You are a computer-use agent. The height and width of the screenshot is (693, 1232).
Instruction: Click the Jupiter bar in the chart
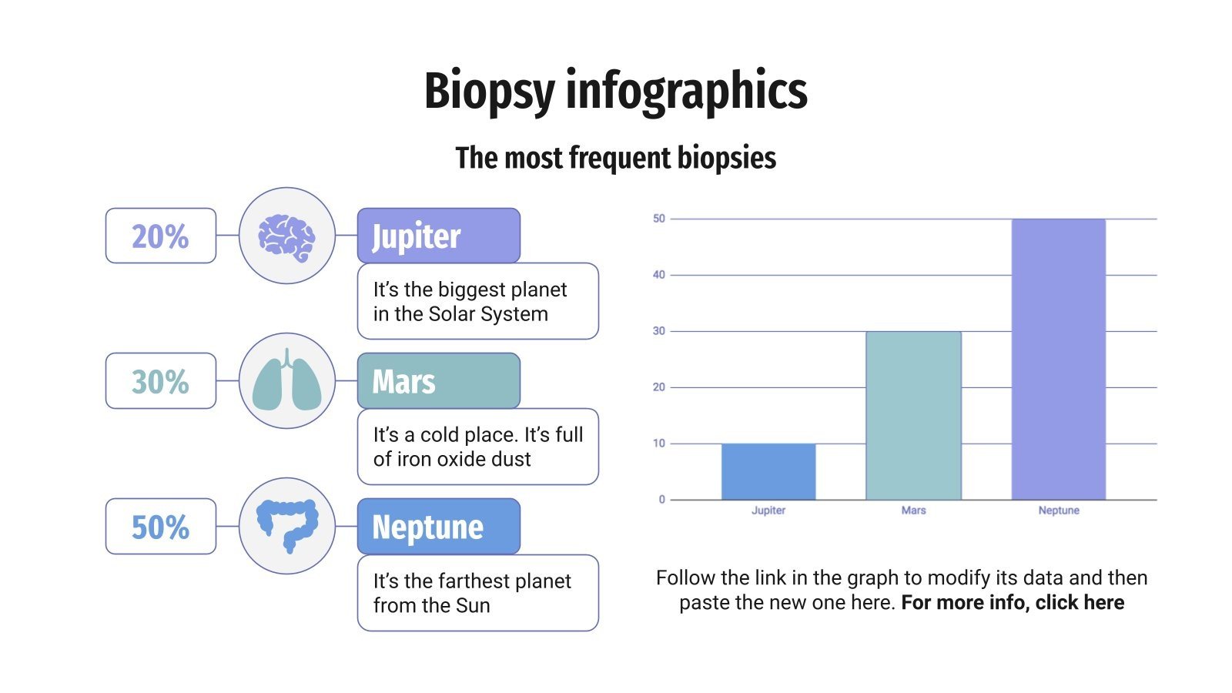(768, 471)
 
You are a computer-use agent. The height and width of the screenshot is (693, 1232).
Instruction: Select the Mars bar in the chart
(913, 416)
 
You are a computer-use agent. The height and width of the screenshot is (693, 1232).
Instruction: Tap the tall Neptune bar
(1058, 360)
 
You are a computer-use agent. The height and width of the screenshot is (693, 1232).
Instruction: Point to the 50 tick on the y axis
(659, 219)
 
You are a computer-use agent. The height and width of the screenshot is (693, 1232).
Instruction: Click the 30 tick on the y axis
(659, 331)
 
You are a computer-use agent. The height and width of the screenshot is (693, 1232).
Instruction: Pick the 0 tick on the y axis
(661, 500)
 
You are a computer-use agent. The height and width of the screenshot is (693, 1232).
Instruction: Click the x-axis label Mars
(913, 511)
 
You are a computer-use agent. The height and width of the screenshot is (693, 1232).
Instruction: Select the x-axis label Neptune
(1058, 511)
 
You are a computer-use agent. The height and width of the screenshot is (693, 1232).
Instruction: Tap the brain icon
(286, 236)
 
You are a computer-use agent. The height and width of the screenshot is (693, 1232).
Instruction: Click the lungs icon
(286, 380)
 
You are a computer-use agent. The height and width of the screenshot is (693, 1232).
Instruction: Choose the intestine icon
(286, 526)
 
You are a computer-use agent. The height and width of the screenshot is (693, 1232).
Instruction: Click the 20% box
(160, 236)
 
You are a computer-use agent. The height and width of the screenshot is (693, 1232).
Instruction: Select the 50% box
(160, 527)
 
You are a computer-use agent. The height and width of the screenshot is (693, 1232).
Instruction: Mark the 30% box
(160, 381)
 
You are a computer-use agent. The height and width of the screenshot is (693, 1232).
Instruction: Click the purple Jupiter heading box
(438, 236)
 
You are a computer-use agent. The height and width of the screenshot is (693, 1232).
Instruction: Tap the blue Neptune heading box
(438, 527)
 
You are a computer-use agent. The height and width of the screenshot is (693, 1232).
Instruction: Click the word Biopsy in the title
(489, 92)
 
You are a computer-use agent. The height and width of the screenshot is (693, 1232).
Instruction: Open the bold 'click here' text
(1080, 602)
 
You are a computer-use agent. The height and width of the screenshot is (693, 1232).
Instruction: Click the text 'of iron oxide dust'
(452, 460)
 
